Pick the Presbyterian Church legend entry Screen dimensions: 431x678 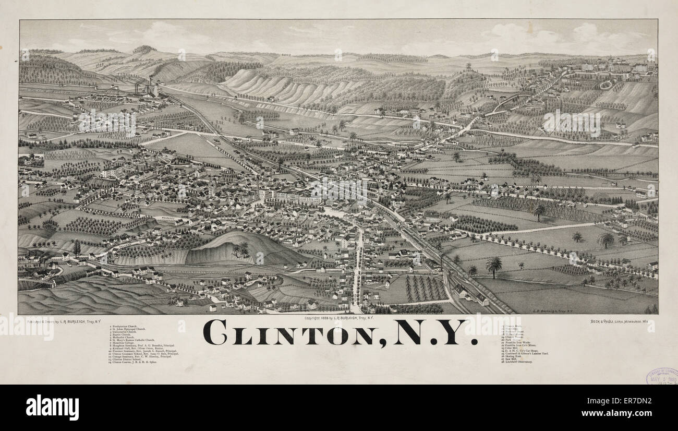[x=125, y=326]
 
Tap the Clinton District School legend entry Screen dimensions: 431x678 [x=128, y=359]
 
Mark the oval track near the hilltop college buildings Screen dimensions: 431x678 [x=606, y=85]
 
